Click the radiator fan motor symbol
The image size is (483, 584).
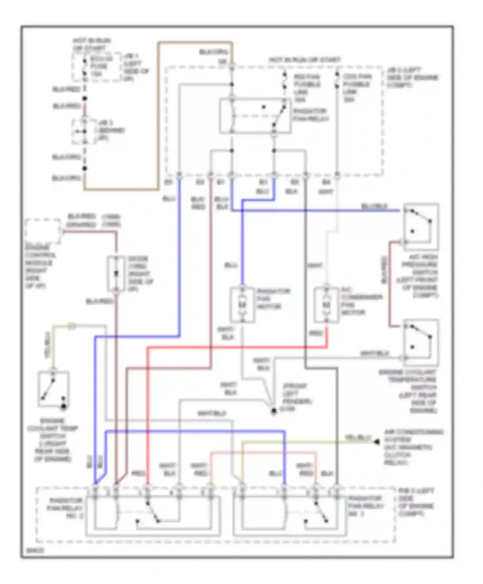click(x=242, y=304)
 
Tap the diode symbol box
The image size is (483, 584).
click(x=116, y=274)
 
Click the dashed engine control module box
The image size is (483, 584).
click(x=43, y=231)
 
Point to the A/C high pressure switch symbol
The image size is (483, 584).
click(x=421, y=227)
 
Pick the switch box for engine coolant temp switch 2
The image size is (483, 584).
click(x=53, y=389)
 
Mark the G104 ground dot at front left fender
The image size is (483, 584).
click(x=274, y=411)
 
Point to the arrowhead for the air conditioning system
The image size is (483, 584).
click(x=376, y=442)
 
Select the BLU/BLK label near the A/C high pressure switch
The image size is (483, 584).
click(x=374, y=206)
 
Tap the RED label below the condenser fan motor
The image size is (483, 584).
click(x=316, y=334)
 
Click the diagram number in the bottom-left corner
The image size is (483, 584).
click(x=31, y=551)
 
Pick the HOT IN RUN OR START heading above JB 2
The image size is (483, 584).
click(x=304, y=60)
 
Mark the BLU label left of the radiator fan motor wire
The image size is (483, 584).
click(x=231, y=265)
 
